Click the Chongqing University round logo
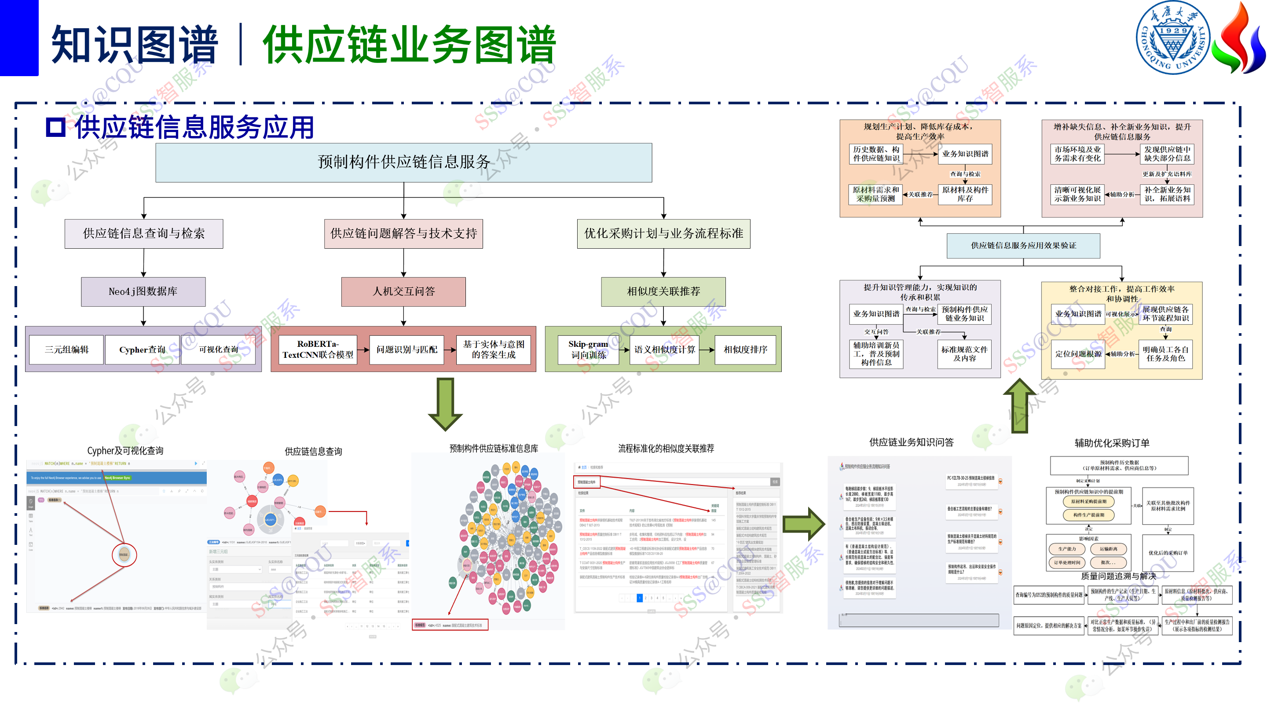click(1172, 38)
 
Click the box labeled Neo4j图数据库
click(143, 291)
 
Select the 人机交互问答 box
click(403, 291)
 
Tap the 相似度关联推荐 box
click(663, 291)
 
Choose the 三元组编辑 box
click(66, 349)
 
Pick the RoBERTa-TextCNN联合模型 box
click(318, 349)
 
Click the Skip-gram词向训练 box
click(588, 349)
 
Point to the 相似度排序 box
click(745, 349)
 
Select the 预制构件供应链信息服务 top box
click(403, 162)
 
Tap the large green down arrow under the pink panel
click(445, 404)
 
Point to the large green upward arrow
click(1020, 405)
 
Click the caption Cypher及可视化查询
click(125, 450)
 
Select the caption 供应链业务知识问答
click(911, 442)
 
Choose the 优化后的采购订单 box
click(1168, 553)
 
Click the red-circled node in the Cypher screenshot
click(124, 555)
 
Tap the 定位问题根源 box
click(1078, 354)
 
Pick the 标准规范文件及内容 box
click(964, 354)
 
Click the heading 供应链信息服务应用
click(194, 128)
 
